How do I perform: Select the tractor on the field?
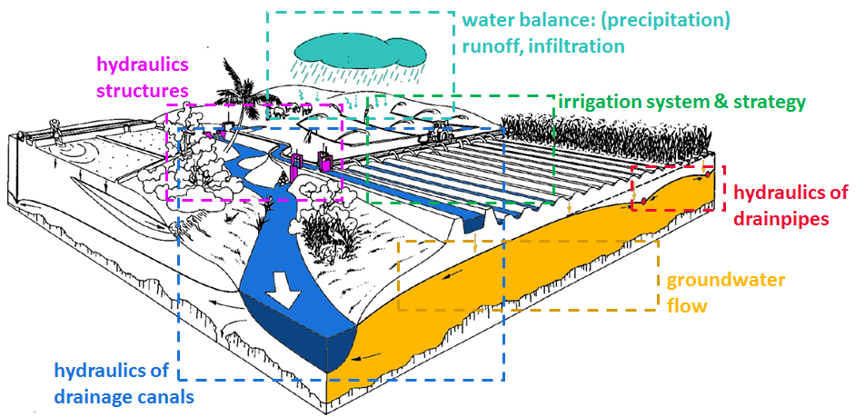coord(439,132)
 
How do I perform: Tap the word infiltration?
coord(574,45)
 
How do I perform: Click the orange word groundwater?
coord(725,280)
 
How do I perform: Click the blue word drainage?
coord(91,396)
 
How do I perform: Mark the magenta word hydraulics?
coord(143,65)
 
